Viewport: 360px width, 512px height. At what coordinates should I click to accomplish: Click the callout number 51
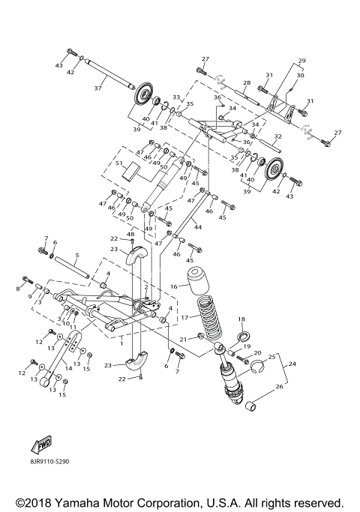pyautogui.click(x=118, y=163)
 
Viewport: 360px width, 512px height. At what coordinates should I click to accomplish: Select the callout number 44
pyautogui.click(x=198, y=226)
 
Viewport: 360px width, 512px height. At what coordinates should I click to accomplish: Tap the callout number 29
pyautogui.click(x=302, y=60)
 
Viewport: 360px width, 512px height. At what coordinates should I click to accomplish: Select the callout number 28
pyautogui.click(x=245, y=82)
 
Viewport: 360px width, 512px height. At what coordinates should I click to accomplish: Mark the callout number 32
pyautogui.click(x=277, y=136)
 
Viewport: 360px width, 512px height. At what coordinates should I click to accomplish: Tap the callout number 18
pyautogui.click(x=241, y=319)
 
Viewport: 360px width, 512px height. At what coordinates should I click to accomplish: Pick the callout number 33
pyautogui.click(x=177, y=97)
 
